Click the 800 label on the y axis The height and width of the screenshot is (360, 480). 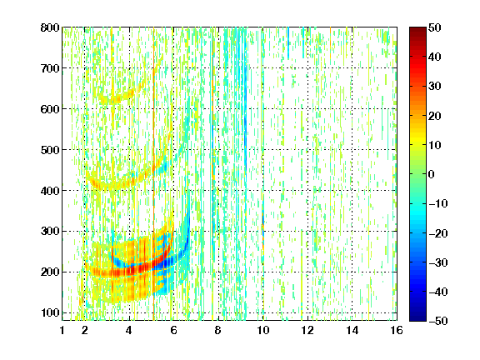(50, 27)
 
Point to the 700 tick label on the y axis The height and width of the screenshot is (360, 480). (50, 68)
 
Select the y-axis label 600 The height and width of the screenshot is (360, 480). (50, 109)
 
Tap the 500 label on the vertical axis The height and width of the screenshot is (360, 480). (50, 150)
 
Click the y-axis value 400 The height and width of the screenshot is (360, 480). (50, 191)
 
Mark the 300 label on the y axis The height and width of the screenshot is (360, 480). (50, 231)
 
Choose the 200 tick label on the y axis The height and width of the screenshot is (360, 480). (50, 272)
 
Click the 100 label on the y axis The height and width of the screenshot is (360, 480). (50, 312)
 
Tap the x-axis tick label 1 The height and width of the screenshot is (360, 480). (62, 330)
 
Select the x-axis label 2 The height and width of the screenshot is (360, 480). (85, 330)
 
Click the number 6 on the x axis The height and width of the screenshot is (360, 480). (173, 330)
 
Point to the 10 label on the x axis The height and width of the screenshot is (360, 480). (262, 330)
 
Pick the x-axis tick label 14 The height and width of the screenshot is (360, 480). (352, 330)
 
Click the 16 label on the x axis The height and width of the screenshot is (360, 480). (397, 330)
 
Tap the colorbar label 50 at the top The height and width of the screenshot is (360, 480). (434, 27)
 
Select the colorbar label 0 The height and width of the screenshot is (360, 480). (432, 174)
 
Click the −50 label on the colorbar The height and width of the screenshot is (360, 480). (438, 321)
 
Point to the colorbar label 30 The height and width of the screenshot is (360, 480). (434, 87)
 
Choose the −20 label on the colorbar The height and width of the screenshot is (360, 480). (438, 233)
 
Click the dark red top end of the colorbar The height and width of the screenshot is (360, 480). (417, 29)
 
